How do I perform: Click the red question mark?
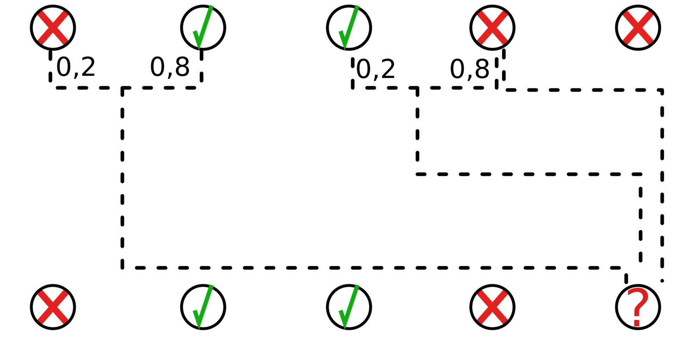[x=638, y=307]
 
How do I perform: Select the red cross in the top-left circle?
[x=53, y=28]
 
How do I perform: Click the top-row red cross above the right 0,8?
[x=492, y=28]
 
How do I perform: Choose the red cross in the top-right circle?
[x=638, y=28]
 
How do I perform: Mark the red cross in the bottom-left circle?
[x=53, y=307]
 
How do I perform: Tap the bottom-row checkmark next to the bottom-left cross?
[x=202, y=307]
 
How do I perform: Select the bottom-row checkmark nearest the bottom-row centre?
[x=348, y=307]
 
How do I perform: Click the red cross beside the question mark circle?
[x=492, y=307]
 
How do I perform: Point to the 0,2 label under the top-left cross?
[x=76, y=67]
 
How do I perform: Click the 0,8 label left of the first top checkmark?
[x=170, y=67]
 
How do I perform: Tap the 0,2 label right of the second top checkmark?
[x=376, y=69]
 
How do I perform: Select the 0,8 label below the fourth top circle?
[x=469, y=69]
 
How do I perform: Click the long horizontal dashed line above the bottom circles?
[x=371, y=268]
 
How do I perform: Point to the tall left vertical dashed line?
[x=123, y=177]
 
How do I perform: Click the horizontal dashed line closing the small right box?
[x=527, y=174]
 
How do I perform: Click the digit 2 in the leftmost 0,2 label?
[x=88, y=67]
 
